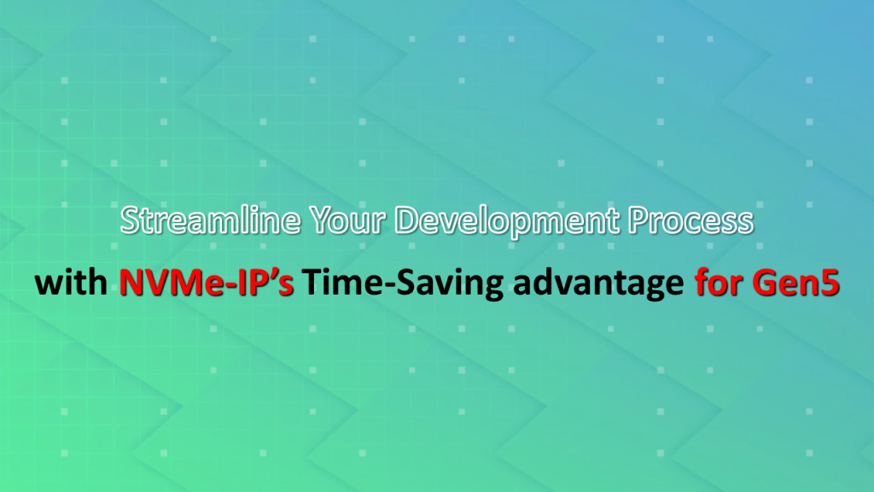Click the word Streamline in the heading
point(210,220)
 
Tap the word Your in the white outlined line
point(347,220)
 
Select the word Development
point(507,222)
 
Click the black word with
point(71,282)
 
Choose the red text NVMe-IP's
point(207,282)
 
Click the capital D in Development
point(406,220)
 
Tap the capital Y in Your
point(321,220)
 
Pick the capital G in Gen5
point(765,282)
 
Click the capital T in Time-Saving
point(312,282)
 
